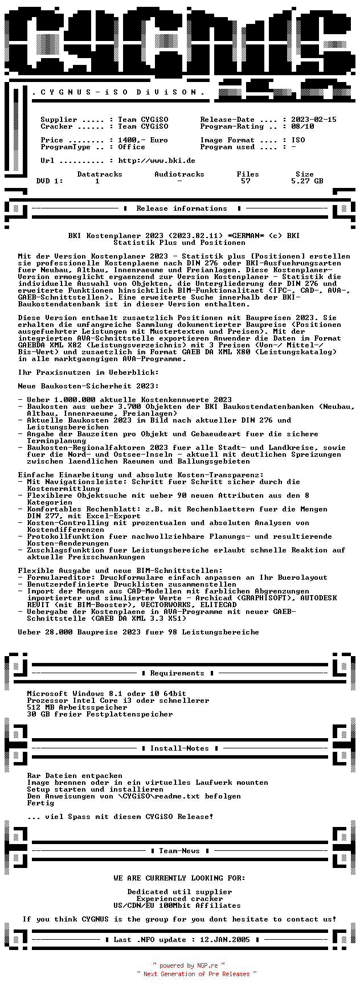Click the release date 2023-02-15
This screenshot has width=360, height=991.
point(314,120)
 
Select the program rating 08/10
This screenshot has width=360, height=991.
point(302,126)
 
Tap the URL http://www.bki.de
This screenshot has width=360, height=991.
point(157,161)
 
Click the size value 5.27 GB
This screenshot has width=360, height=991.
point(307,181)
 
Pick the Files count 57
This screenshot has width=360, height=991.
point(246,181)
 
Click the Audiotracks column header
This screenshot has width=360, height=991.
point(179,174)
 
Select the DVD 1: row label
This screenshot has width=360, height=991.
point(50,181)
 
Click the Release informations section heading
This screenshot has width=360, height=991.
point(182,208)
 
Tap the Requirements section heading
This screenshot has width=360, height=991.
point(177,673)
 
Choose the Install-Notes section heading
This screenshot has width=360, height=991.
point(179,748)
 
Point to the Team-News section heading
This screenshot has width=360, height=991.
point(179,851)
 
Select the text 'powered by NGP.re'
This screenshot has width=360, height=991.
point(189,965)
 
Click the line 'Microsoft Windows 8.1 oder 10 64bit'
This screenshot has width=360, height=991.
point(107,694)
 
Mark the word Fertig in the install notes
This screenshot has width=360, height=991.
point(40,803)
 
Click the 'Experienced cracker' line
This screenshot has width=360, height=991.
point(179,899)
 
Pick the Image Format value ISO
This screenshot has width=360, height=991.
point(298,140)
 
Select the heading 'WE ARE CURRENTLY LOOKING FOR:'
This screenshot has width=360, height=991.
point(179,878)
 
